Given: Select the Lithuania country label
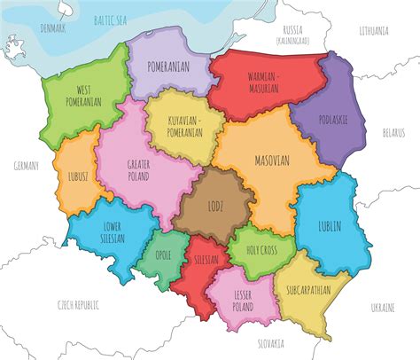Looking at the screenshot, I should (374, 30).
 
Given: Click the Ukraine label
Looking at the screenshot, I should (382, 307).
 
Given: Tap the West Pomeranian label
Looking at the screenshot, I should (82, 96).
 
